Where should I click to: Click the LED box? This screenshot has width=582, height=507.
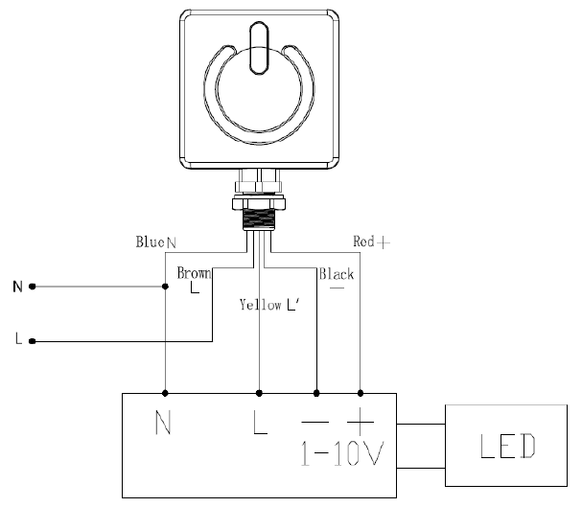pos(506,446)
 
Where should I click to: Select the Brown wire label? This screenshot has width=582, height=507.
pos(194,273)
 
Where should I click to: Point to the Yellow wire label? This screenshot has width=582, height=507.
pos(260,305)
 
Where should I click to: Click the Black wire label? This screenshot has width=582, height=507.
pos(337,274)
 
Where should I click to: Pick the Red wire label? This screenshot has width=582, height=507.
pos(363,242)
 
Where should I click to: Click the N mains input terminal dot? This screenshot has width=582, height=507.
pos(33,287)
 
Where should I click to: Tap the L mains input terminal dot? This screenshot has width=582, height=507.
pos(33,341)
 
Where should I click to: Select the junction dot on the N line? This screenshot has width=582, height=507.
pos(166,287)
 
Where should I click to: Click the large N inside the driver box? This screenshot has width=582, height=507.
pos(163,422)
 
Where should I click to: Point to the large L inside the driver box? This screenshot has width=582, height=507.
pos(260,422)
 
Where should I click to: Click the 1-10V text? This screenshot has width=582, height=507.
pos(342,453)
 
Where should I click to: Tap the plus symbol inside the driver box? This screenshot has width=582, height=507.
pos(361,422)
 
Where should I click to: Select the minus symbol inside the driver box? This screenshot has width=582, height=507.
pos(315,422)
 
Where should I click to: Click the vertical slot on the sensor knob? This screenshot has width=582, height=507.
pos(259,48)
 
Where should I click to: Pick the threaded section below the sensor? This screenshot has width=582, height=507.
pos(259,219)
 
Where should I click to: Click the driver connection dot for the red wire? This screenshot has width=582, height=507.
pos(361,393)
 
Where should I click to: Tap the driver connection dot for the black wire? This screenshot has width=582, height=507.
pos(316,393)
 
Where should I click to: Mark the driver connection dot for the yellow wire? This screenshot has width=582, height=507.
pos(259,393)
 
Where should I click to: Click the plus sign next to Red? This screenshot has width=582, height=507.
pos(384,242)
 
